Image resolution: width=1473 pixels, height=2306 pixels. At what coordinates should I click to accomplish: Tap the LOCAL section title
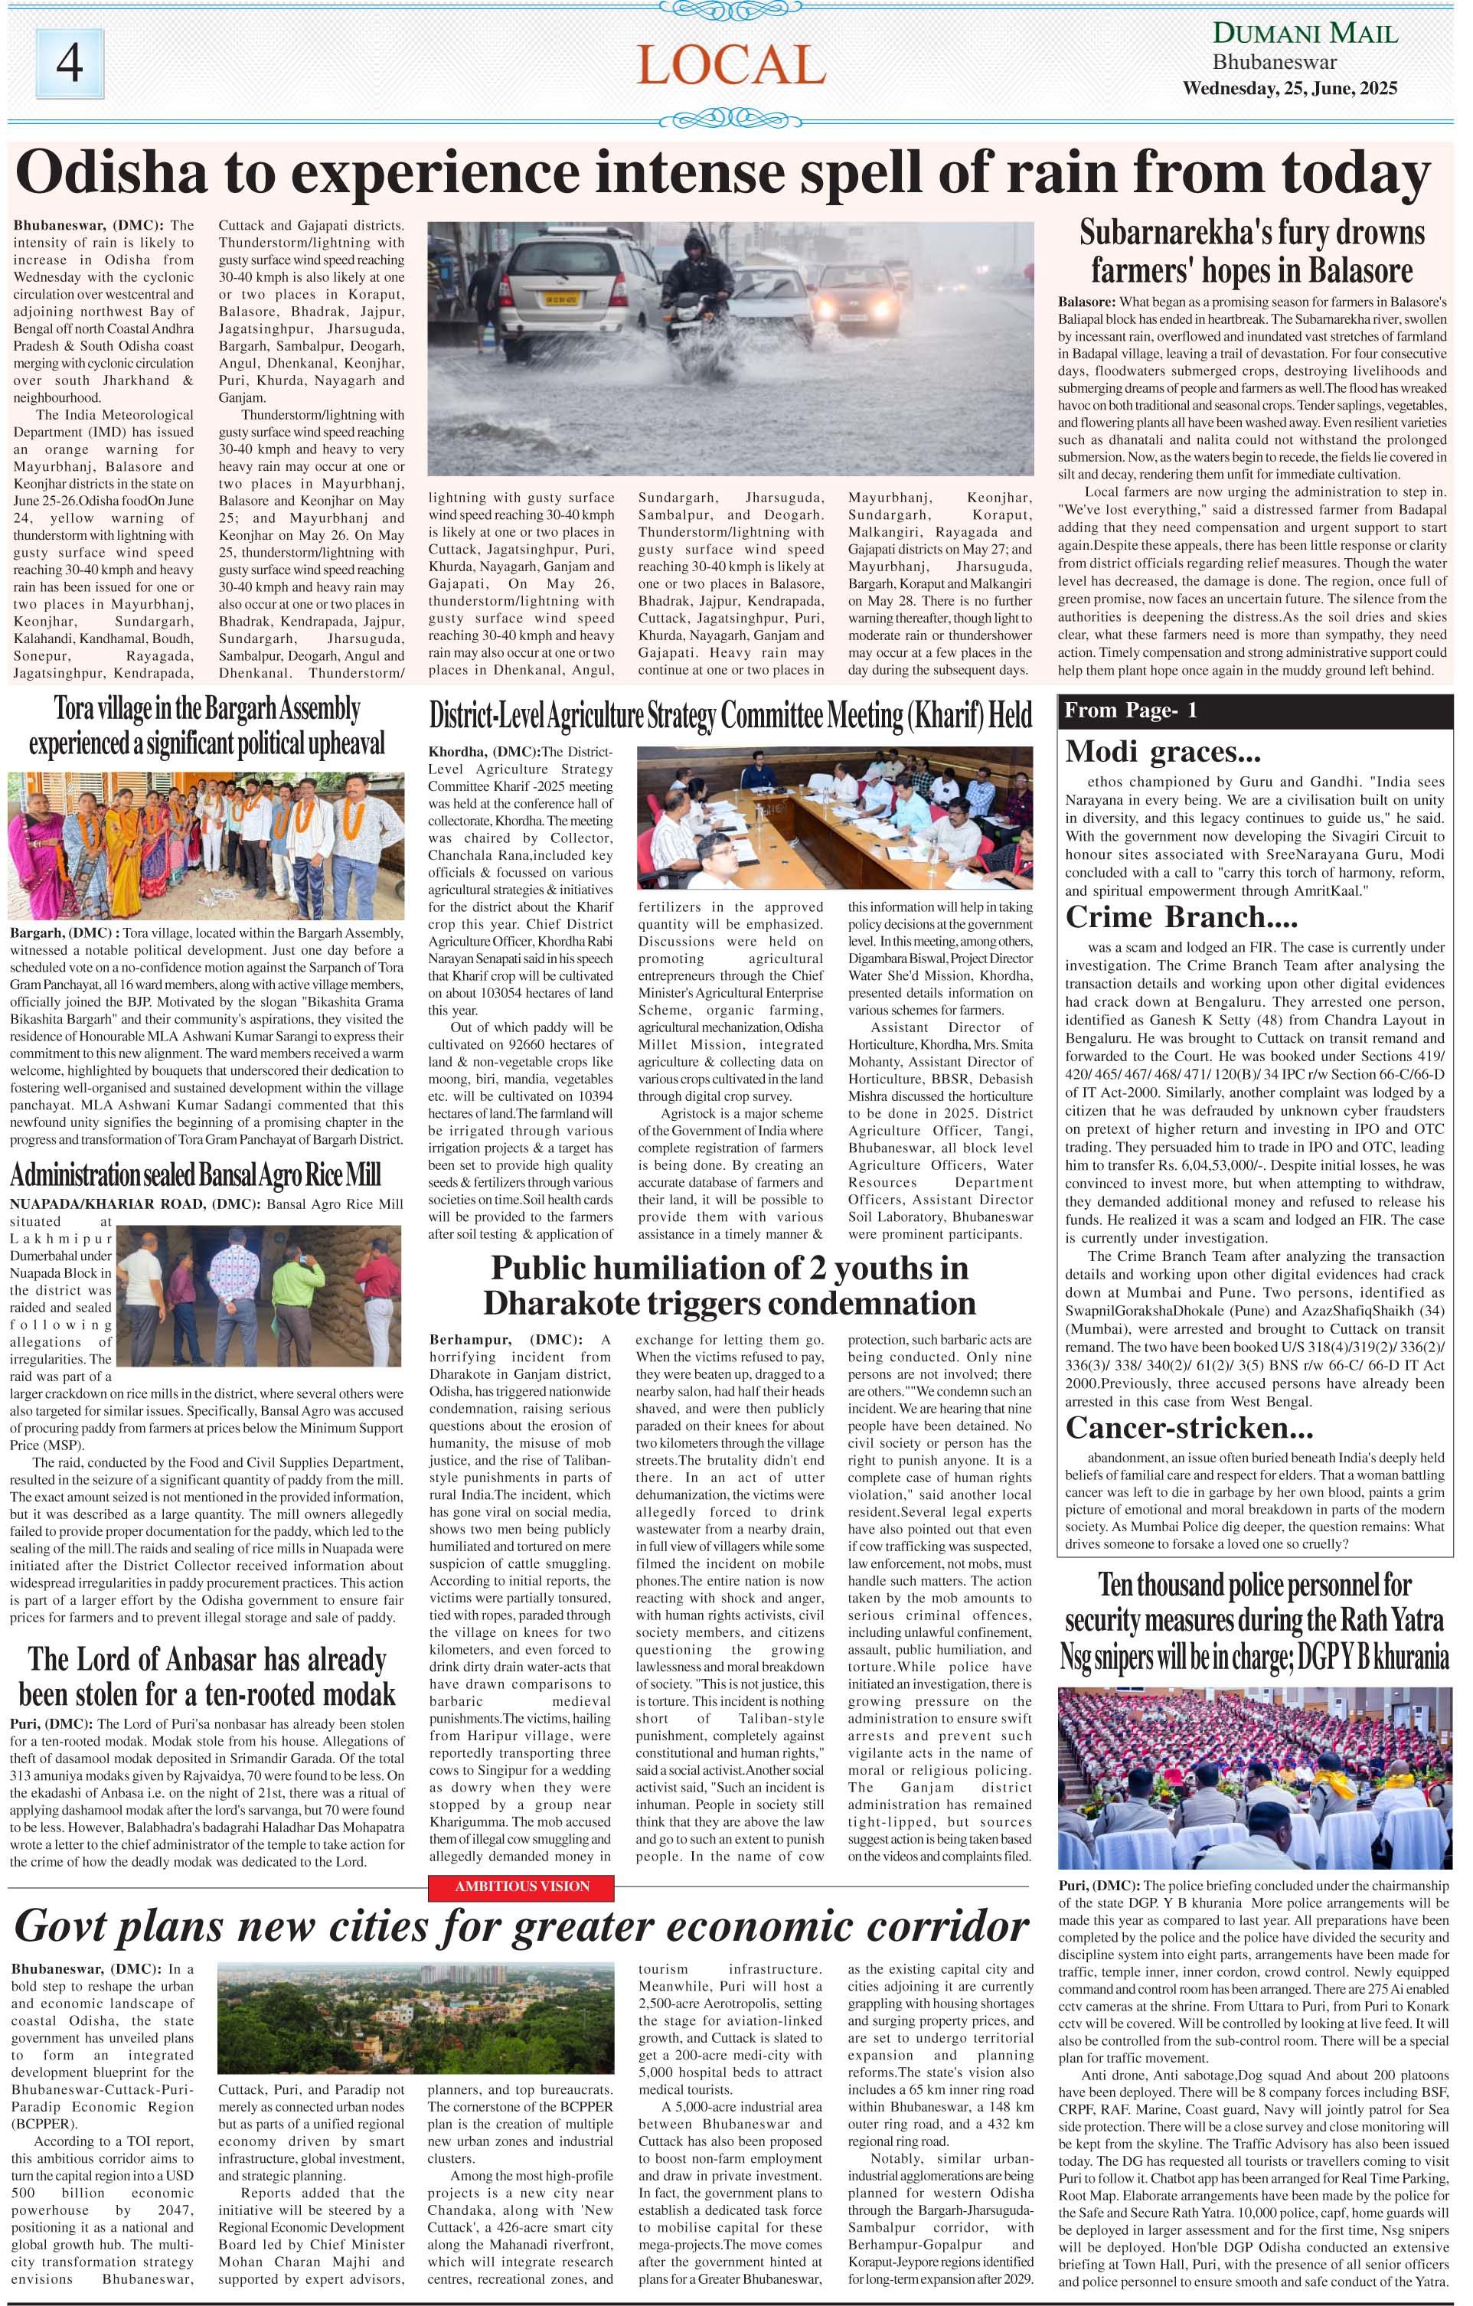pos(730,65)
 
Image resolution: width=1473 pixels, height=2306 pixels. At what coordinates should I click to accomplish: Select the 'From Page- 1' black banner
pos(1255,710)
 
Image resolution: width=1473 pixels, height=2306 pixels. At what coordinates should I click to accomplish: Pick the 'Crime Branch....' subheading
pos(1182,917)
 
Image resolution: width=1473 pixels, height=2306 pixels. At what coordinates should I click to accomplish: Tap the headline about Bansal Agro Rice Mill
pos(195,1175)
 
